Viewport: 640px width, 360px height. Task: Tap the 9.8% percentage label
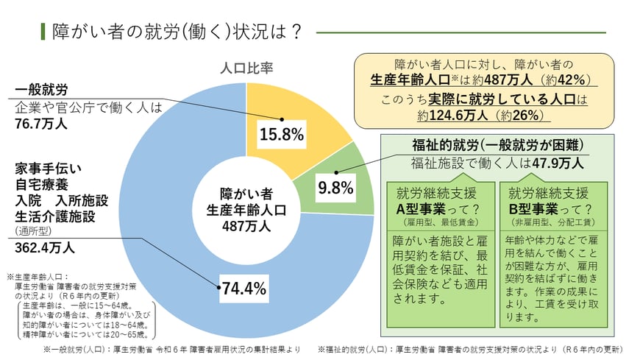click(335, 188)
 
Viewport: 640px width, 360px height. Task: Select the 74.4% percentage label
click(243, 289)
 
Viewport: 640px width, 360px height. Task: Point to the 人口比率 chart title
click(246, 68)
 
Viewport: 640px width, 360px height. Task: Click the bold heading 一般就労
click(41, 90)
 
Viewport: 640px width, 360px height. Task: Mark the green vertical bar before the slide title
click(43, 32)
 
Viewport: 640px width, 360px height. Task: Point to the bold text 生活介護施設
click(55, 216)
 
